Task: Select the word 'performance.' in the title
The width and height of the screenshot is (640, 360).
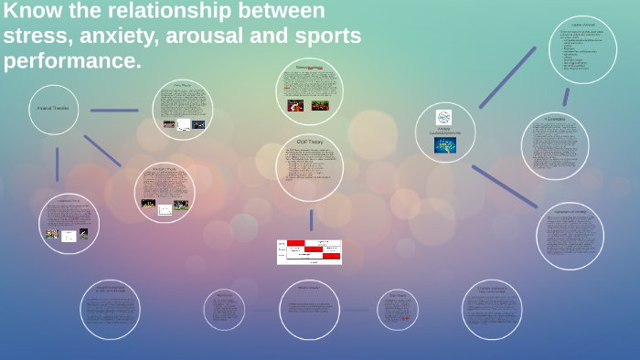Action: pyautogui.click(x=72, y=61)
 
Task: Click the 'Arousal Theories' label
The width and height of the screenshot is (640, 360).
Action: pyautogui.click(x=53, y=108)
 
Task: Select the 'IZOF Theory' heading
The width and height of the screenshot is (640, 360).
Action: pyautogui.click(x=309, y=142)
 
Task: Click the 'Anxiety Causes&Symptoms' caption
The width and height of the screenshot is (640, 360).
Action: pyautogui.click(x=444, y=132)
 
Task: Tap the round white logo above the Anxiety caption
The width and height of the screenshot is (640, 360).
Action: pyautogui.click(x=444, y=117)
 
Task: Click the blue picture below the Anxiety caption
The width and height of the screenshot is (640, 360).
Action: pyautogui.click(x=444, y=144)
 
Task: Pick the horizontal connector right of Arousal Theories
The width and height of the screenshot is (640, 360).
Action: pyautogui.click(x=114, y=111)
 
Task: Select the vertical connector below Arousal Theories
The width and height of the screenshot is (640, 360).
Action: pyautogui.click(x=57, y=164)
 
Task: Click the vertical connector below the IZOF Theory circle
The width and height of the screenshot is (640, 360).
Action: pyautogui.click(x=311, y=219)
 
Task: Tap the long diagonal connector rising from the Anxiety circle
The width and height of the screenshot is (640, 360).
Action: pyautogui.click(x=507, y=78)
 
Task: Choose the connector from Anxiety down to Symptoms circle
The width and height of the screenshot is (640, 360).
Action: pyautogui.click(x=505, y=186)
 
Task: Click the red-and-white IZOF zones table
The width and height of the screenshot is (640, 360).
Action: pyautogui.click(x=309, y=251)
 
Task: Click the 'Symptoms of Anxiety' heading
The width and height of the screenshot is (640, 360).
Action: pyautogui.click(x=570, y=211)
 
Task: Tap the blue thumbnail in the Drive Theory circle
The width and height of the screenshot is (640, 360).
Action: pyautogui.click(x=198, y=124)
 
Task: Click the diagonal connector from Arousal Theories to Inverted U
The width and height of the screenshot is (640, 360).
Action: pyautogui.click(x=101, y=151)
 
